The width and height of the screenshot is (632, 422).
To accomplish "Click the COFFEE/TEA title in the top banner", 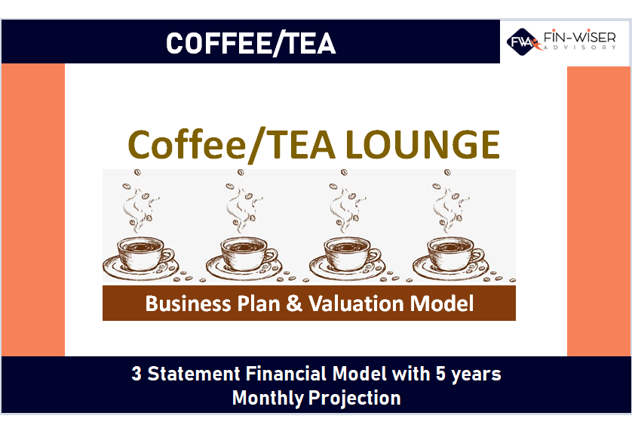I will pyautogui.click(x=250, y=43).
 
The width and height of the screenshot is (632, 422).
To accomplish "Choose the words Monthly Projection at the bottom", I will pyautogui.click(x=316, y=397).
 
